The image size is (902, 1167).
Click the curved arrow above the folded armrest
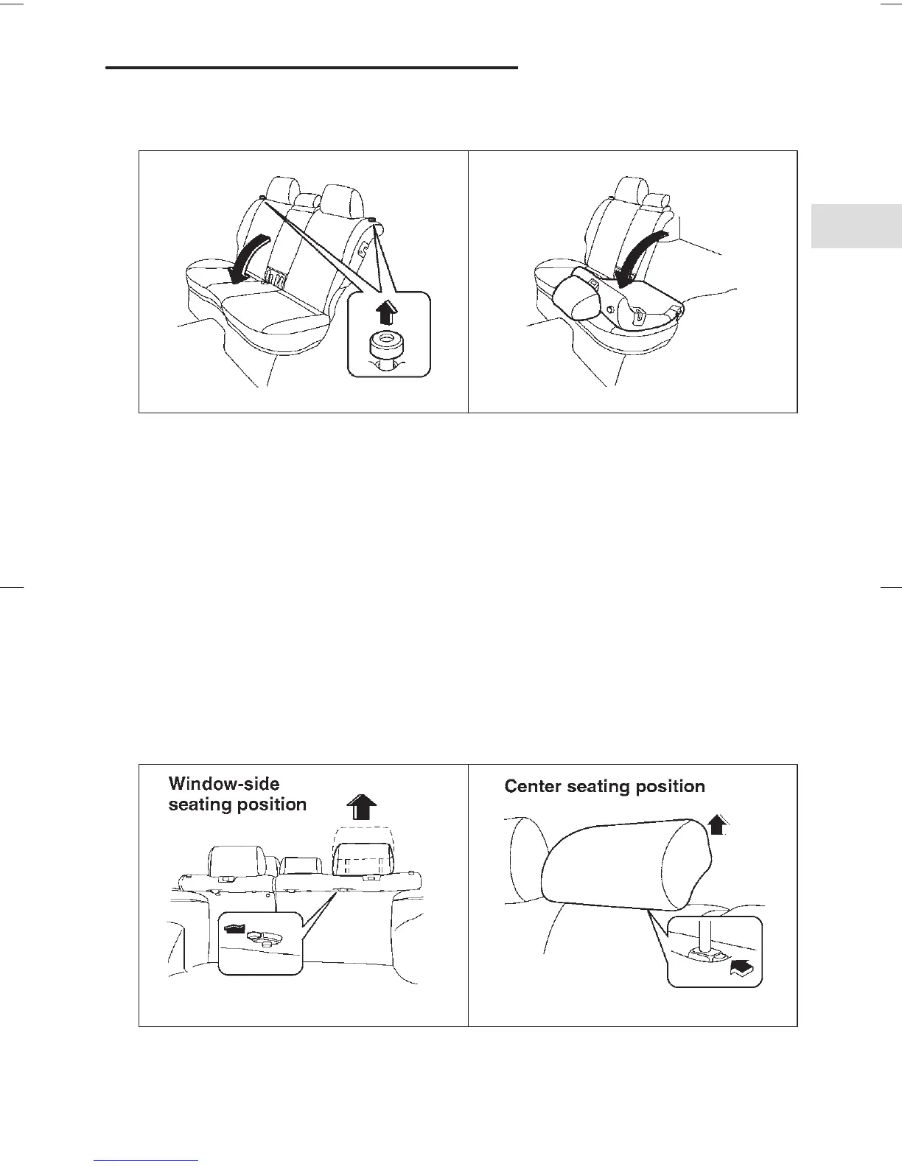645,254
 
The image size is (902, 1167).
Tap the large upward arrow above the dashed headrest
360,807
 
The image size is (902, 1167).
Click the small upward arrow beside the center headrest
719,822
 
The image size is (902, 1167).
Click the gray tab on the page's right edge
856,225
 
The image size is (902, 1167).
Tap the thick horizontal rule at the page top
312,68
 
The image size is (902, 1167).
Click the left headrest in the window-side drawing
237,861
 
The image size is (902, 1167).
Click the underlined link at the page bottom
147,1160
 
